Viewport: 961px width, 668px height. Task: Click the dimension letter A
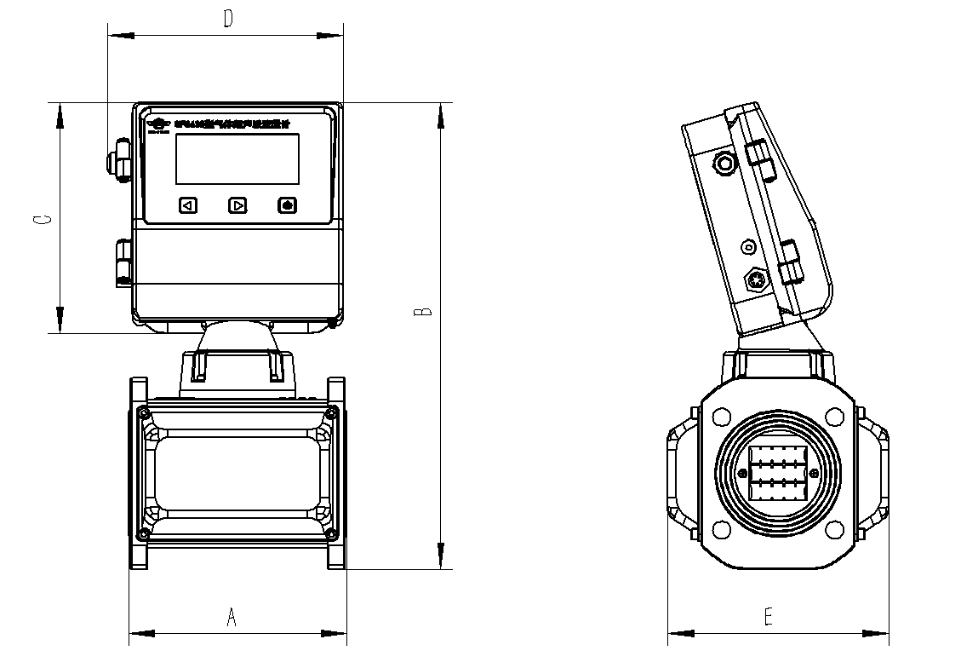point(231,618)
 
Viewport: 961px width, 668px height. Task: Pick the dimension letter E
point(769,618)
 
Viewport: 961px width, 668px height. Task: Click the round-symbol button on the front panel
point(288,205)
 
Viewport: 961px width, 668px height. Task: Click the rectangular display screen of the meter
point(237,158)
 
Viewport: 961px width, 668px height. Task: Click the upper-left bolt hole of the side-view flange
point(722,417)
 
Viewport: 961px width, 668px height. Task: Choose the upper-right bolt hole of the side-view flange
point(832,417)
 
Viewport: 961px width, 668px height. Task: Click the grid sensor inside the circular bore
point(776,474)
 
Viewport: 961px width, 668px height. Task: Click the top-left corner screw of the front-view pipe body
point(141,413)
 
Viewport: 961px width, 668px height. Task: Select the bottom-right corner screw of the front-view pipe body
point(332,534)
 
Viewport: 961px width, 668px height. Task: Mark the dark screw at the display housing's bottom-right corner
point(332,323)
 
